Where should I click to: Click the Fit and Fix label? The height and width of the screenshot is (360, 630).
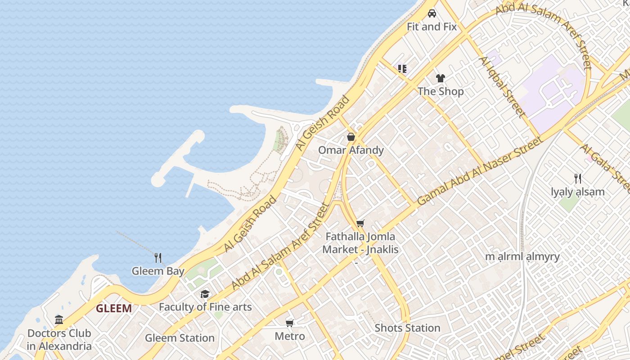pos(432,27)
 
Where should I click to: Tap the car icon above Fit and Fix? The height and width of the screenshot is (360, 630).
pos(432,13)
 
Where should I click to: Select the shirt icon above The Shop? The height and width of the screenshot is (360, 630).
pos(440,78)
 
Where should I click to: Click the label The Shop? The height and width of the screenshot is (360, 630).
pos(441,91)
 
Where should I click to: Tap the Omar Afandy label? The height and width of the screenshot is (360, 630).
pos(351,150)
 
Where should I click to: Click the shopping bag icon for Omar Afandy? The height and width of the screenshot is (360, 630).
pos(351,137)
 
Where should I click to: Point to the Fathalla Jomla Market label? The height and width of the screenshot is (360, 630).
pos(360,243)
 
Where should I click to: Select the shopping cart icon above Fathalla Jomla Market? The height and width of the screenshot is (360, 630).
pos(360,223)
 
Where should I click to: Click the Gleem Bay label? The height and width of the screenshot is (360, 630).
pos(158,271)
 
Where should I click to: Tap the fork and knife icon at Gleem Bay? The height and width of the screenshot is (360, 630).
pos(158,258)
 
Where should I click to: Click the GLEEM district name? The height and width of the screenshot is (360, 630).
pos(114,309)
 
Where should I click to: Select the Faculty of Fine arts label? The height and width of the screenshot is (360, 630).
pos(205,307)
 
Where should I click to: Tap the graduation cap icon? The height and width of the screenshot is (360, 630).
pos(205,294)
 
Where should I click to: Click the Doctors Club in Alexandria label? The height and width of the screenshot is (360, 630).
pos(59,340)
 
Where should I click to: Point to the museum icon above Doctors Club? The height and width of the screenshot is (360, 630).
pos(59,320)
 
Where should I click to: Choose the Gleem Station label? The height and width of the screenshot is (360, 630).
pos(180,338)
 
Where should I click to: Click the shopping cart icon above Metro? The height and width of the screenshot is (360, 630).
pos(290,323)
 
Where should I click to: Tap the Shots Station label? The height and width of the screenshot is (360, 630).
pos(407,328)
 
